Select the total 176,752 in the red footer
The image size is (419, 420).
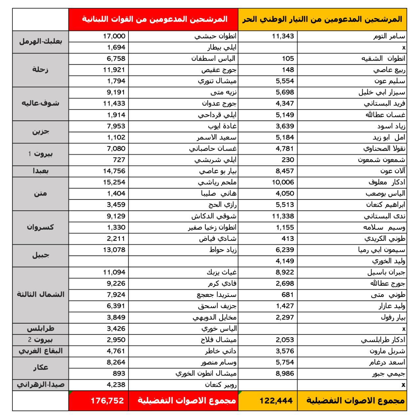(108, 401)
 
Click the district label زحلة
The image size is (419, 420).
(40, 70)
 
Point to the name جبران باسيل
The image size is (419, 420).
(386, 272)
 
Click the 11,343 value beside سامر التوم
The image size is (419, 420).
(283, 36)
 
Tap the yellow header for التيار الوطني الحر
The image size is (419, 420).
(322, 19)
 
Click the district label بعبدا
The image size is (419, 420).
(40, 171)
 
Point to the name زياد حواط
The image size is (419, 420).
(223, 250)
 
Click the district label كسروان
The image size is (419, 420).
(40, 227)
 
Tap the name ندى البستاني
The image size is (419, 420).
(385, 216)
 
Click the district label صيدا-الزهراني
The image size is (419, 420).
(40, 385)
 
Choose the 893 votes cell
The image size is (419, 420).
(119, 373)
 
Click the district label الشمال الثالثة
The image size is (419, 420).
(40, 294)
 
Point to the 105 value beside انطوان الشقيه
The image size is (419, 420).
(288, 59)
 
